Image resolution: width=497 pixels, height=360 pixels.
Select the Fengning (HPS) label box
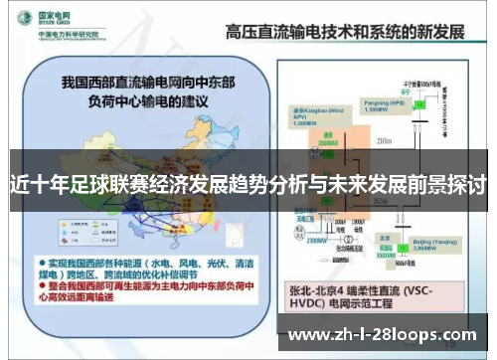tap(383, 102)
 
